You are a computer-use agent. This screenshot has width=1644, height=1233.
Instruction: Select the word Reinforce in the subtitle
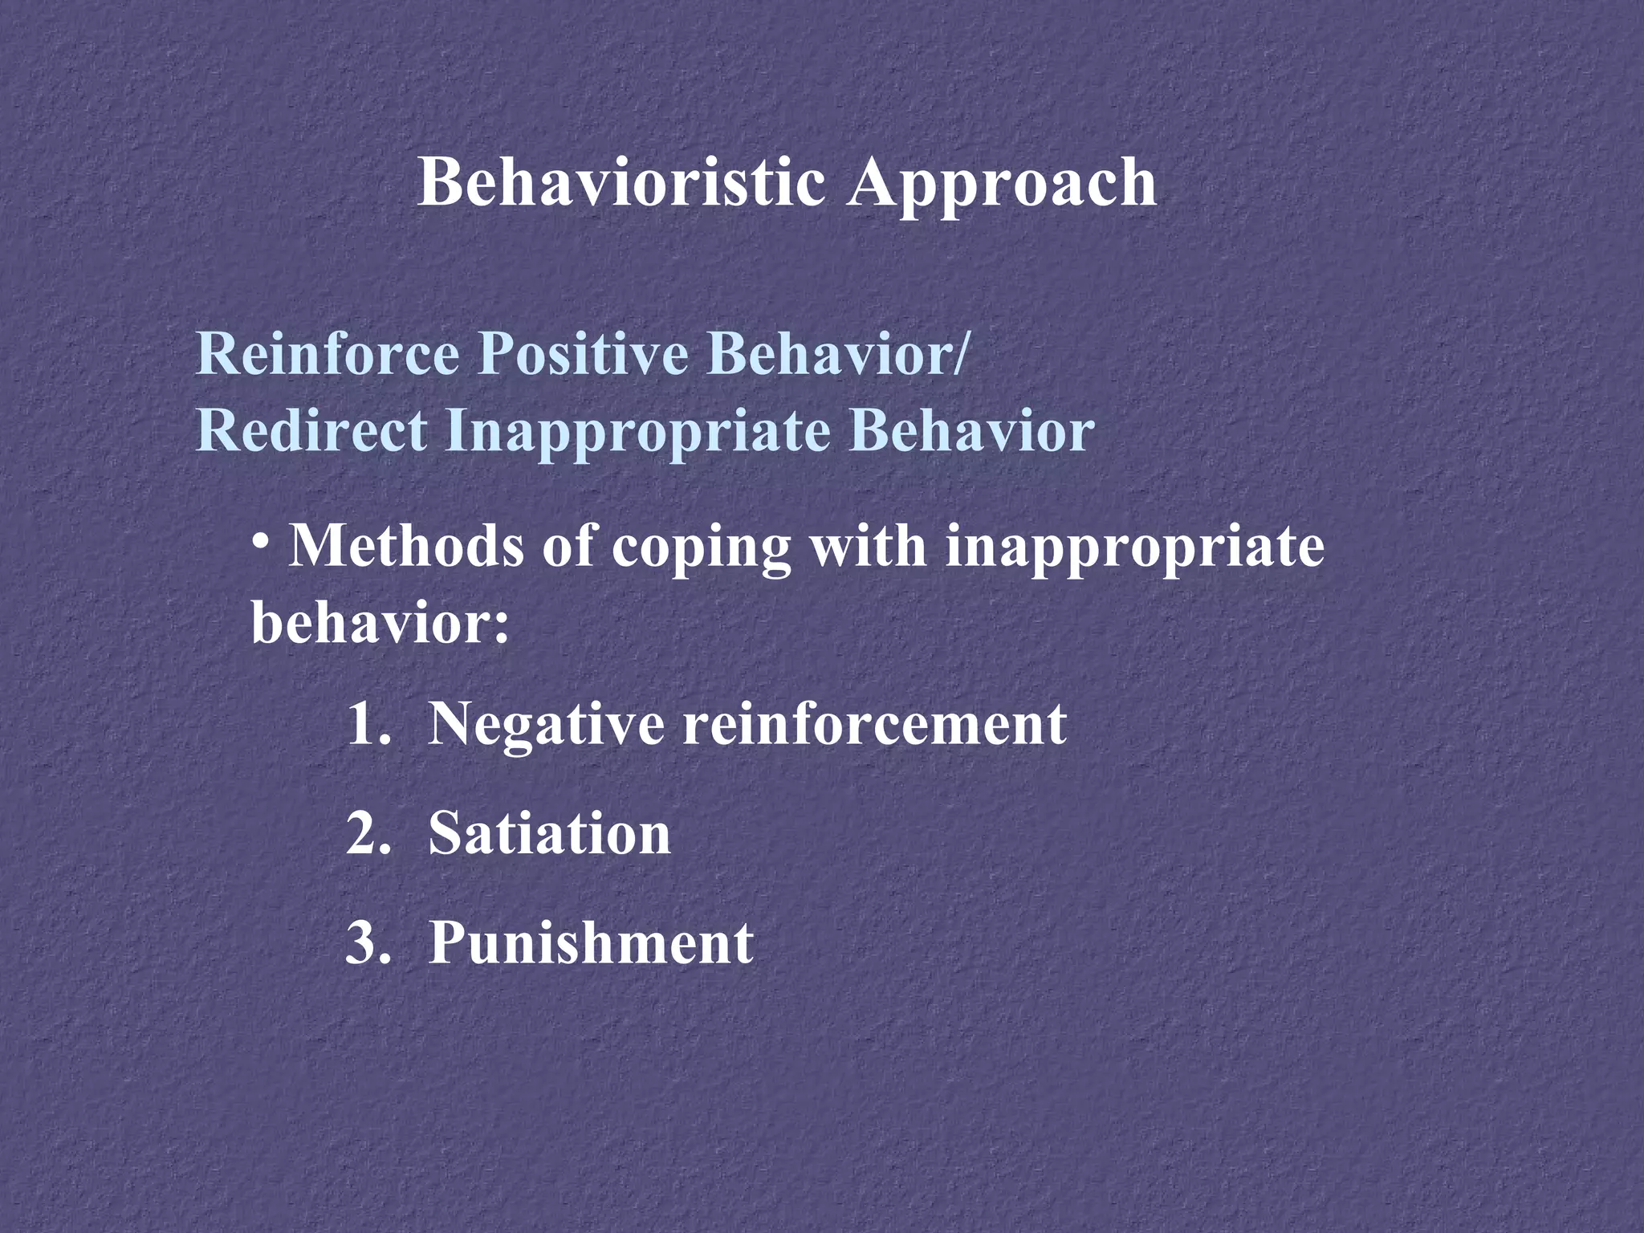(328, 353)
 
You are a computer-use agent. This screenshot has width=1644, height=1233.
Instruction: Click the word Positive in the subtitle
(584, 353)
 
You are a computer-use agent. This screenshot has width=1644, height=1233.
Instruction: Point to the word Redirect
(311, 430)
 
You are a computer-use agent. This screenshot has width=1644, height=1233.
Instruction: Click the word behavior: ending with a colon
(380, 623)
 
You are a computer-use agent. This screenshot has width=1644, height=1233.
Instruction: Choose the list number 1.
(368, 724)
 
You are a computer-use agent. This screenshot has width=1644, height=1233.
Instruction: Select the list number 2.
(368, 833)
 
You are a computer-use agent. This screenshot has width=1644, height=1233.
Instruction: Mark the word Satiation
(550, 833)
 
